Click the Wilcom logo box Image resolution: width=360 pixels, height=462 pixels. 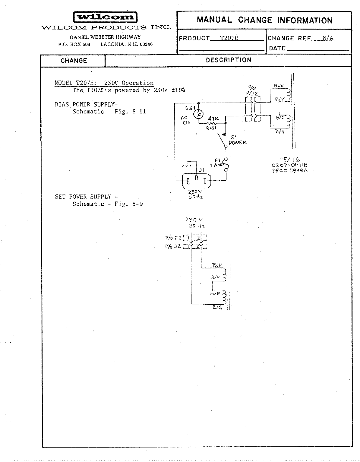click(105, 17)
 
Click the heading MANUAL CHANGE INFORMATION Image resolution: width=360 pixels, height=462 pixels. click(264, 20)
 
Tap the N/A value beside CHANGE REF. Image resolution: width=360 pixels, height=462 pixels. click(328, 38)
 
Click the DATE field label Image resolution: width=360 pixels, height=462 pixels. click(277, 48)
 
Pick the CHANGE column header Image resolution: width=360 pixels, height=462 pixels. click(74, 61)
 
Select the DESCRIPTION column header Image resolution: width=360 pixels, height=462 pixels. click(228, 60)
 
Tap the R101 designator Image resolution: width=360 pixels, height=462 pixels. click(211, 128)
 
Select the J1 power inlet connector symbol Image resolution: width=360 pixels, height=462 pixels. click(196, 180)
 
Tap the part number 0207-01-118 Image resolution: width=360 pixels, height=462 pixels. click(290, 165)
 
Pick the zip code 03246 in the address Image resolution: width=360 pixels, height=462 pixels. click(146, 44)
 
